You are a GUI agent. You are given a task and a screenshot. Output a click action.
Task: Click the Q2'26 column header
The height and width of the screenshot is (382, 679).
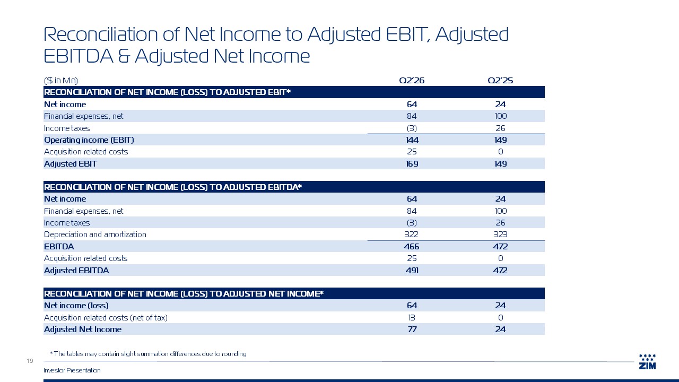[412, 80]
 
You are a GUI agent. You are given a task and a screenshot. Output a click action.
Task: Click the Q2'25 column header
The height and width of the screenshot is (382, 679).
[500, 80]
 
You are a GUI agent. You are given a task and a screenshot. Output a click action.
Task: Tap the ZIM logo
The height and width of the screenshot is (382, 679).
[647, 362]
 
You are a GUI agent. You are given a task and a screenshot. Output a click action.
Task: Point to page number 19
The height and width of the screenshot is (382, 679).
[30, 361]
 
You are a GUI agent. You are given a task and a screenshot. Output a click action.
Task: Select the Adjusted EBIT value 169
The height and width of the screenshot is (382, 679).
[412, 164]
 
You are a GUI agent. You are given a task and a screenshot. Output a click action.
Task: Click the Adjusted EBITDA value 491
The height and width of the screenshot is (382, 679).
[412, 271]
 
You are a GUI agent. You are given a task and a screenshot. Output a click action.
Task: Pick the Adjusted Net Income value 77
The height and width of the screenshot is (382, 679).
[412, 329]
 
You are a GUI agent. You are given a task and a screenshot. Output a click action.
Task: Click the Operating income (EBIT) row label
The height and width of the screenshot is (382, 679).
[89, 140]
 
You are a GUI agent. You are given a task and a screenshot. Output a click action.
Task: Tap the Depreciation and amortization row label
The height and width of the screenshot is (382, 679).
[95, 235]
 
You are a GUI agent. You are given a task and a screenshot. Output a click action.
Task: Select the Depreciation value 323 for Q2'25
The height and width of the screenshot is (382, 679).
[500, 235]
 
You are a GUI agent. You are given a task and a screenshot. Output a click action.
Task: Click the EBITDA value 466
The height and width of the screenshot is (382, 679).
[412, 247]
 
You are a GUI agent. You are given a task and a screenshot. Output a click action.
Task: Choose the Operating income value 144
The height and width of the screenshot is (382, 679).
[412, 140]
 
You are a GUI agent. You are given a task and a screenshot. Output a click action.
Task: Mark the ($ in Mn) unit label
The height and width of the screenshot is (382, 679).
[61, 80]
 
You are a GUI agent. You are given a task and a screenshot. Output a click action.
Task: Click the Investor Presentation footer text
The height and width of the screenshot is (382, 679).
[72, 370]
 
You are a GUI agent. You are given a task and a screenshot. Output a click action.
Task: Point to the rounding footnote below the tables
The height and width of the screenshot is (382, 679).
[148, 354]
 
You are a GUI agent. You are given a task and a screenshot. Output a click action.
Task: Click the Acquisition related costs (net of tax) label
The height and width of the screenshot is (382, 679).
[106, 317]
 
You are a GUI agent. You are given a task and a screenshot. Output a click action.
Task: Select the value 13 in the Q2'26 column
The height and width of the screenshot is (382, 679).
[412, 317]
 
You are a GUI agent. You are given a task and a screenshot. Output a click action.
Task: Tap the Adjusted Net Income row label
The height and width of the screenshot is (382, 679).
[82, 329]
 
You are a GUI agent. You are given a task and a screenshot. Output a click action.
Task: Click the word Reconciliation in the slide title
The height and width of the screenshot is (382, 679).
[101, 34]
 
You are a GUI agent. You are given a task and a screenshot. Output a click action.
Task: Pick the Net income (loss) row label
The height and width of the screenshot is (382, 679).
[76, 305]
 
